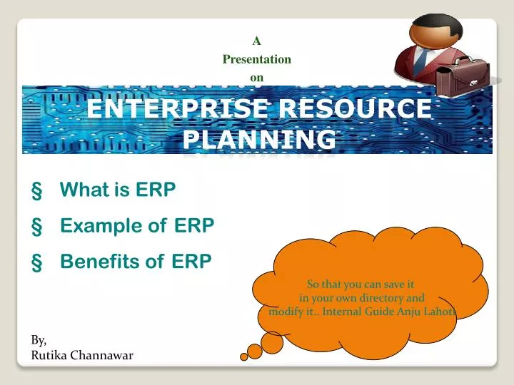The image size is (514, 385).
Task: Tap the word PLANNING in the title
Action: click(x=258, y=139)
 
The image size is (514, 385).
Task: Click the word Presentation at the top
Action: click(x=256, y=59)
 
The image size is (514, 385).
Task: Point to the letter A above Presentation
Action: click(x=256, y=41)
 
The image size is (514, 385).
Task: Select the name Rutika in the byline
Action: click(x=50, y=355)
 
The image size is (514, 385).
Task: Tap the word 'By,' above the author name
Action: click(x=39, y=340)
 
